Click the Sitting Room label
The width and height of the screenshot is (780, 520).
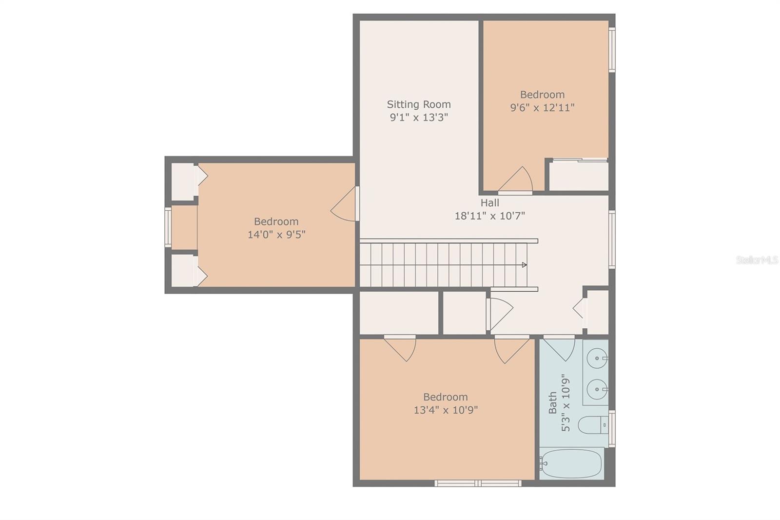pyautogui.click(x=418, y=104)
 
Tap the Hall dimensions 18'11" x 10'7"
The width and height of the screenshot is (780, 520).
pyautogui.click(x=489, y=216)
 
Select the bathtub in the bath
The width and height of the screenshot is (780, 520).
pyautogui.click(x=571, y=463)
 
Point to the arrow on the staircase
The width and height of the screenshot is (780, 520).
pyautogui.click(x=524, y=265)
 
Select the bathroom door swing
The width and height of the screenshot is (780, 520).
pyautogui.click(x=561, y=348)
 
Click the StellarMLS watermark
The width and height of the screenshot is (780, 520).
pyautogui.click(x=757, y=260)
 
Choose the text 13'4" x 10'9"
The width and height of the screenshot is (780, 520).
pyautogui.click(x=446, y=410)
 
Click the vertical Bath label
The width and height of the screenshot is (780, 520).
pyautogui.click(x=552, y=402)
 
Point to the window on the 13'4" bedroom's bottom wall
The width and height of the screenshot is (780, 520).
pyautogui.click(x=478, y=483)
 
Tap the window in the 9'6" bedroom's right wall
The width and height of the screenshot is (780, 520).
pyautogui.click(x=612, y=50)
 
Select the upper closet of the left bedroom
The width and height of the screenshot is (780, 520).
pyautogui.click(x=183, y=181)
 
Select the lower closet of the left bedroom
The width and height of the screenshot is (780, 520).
pyautogui.click(x=183, y=271)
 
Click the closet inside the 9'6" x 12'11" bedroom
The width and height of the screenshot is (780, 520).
pyautogui.click(x=579, y=176)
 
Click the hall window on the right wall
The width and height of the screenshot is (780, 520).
pyautogui.click(x=612, y=239)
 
